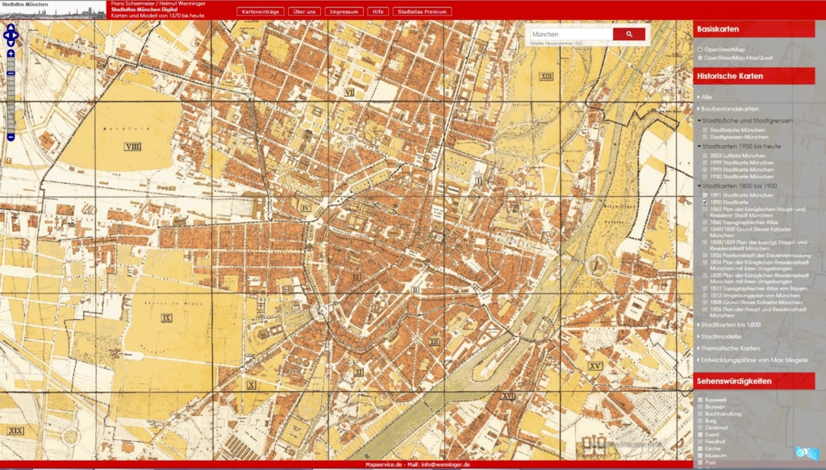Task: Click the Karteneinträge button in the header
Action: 261,12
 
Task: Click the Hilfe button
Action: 377,12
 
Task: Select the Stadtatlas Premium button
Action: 422,12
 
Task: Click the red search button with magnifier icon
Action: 628,35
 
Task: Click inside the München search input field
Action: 569,35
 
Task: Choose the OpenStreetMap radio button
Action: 700,49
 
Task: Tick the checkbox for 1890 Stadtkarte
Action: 705,202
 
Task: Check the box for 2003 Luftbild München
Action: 705,154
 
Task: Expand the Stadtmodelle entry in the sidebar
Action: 720,335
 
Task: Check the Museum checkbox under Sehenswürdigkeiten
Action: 700,455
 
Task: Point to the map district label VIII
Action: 133,146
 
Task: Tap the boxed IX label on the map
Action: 167,318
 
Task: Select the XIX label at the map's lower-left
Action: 15,431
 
